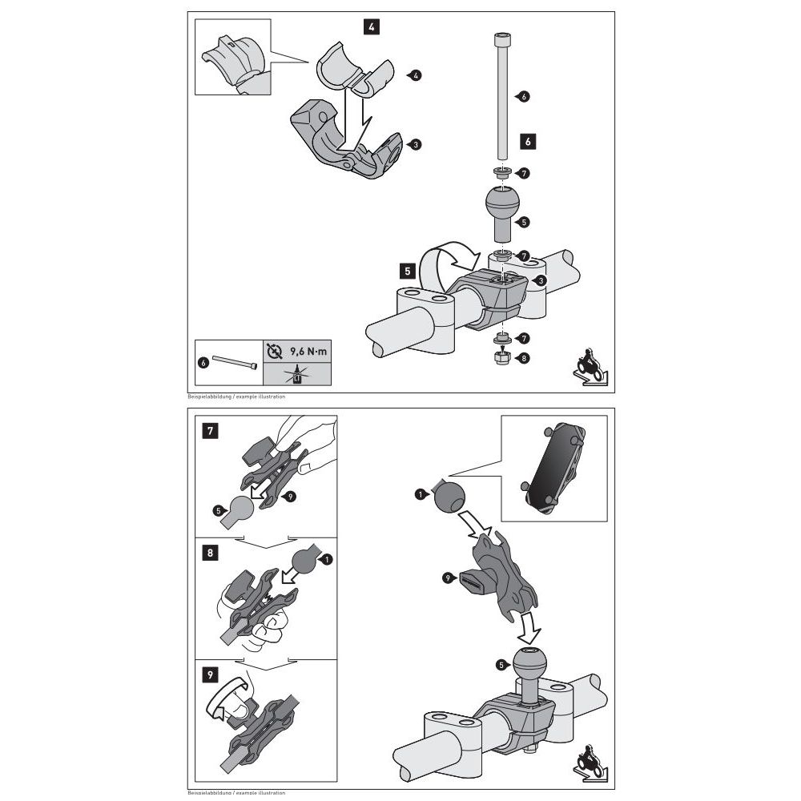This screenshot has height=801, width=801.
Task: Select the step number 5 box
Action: (x=408, y=272)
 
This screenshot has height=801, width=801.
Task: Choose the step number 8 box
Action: (x=208, y=553)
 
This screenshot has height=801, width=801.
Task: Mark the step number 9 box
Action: (x=208, y=674)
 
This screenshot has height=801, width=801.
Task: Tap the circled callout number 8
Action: (x=525, y=359)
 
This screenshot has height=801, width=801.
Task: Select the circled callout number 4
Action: (x=416, y=75)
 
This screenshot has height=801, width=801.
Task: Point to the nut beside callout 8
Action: (x=501, y=359)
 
